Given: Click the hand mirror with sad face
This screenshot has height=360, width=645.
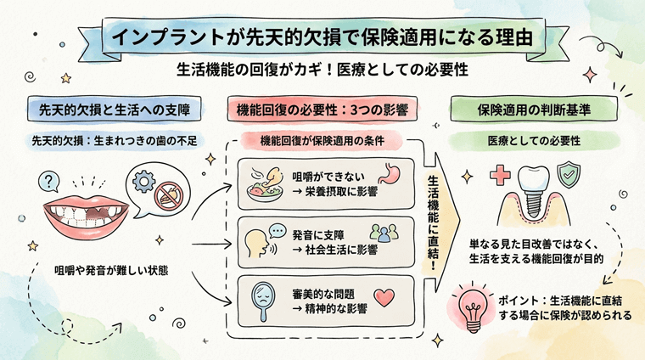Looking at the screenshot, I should [x=265, y=298].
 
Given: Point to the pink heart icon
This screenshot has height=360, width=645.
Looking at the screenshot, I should [x=385, y=298].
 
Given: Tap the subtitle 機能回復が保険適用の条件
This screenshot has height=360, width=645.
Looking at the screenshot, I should [x=323, y=140].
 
